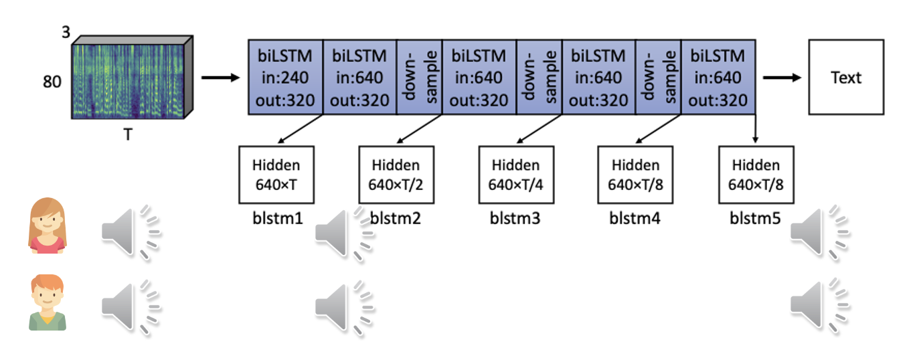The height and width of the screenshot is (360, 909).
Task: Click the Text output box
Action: [x=846, y=77]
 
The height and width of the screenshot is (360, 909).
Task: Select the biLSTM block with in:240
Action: [x=285, y=77]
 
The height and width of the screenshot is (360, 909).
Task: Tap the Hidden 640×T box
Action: [x=276, y=175]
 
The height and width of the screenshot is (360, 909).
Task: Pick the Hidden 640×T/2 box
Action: [x=396, y=175]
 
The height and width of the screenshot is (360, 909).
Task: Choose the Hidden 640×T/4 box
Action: [x=515, y=175]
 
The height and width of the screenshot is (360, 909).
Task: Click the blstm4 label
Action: [x=635, y=218]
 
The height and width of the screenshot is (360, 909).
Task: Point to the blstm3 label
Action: [x=515, y=218]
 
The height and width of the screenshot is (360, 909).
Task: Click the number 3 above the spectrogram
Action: [x=66, y=31]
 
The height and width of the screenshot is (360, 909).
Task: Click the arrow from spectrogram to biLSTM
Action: [x=220, y=78]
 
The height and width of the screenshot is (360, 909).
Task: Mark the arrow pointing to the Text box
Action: [x=782, y=78]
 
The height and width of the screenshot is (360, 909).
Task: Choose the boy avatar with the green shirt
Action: [x=48, y=302]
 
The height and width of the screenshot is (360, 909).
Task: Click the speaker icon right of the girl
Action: [x=130, y=231]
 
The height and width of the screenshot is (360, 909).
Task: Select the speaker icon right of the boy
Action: [x=130, y=306]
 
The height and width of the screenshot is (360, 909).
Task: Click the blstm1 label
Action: [x=276, y=218]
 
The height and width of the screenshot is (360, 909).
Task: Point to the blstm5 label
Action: [x=755, y=218]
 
